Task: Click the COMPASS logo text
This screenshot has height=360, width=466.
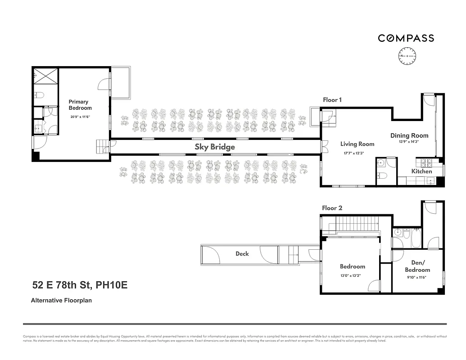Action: pos(406,38)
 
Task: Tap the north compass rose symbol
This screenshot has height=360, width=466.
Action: pos(407,56)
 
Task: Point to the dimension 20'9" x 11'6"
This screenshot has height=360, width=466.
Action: pos(80,117)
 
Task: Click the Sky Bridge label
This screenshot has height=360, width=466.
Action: pos(215,147)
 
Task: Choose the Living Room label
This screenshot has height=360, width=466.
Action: pos(357,144)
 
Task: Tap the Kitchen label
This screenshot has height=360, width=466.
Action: pos(421,171)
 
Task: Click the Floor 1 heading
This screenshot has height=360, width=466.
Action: pos(332,100)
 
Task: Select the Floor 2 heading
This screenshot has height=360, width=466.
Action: pos(332,208)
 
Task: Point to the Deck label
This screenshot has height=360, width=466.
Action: pos(242,254)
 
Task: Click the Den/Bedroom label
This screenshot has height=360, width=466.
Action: pos(417,266)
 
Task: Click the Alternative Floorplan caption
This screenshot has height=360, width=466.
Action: pos(61,300)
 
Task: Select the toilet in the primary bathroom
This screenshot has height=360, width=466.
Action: pos(39,95)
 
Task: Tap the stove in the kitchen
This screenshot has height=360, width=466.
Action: pos(426,162)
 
